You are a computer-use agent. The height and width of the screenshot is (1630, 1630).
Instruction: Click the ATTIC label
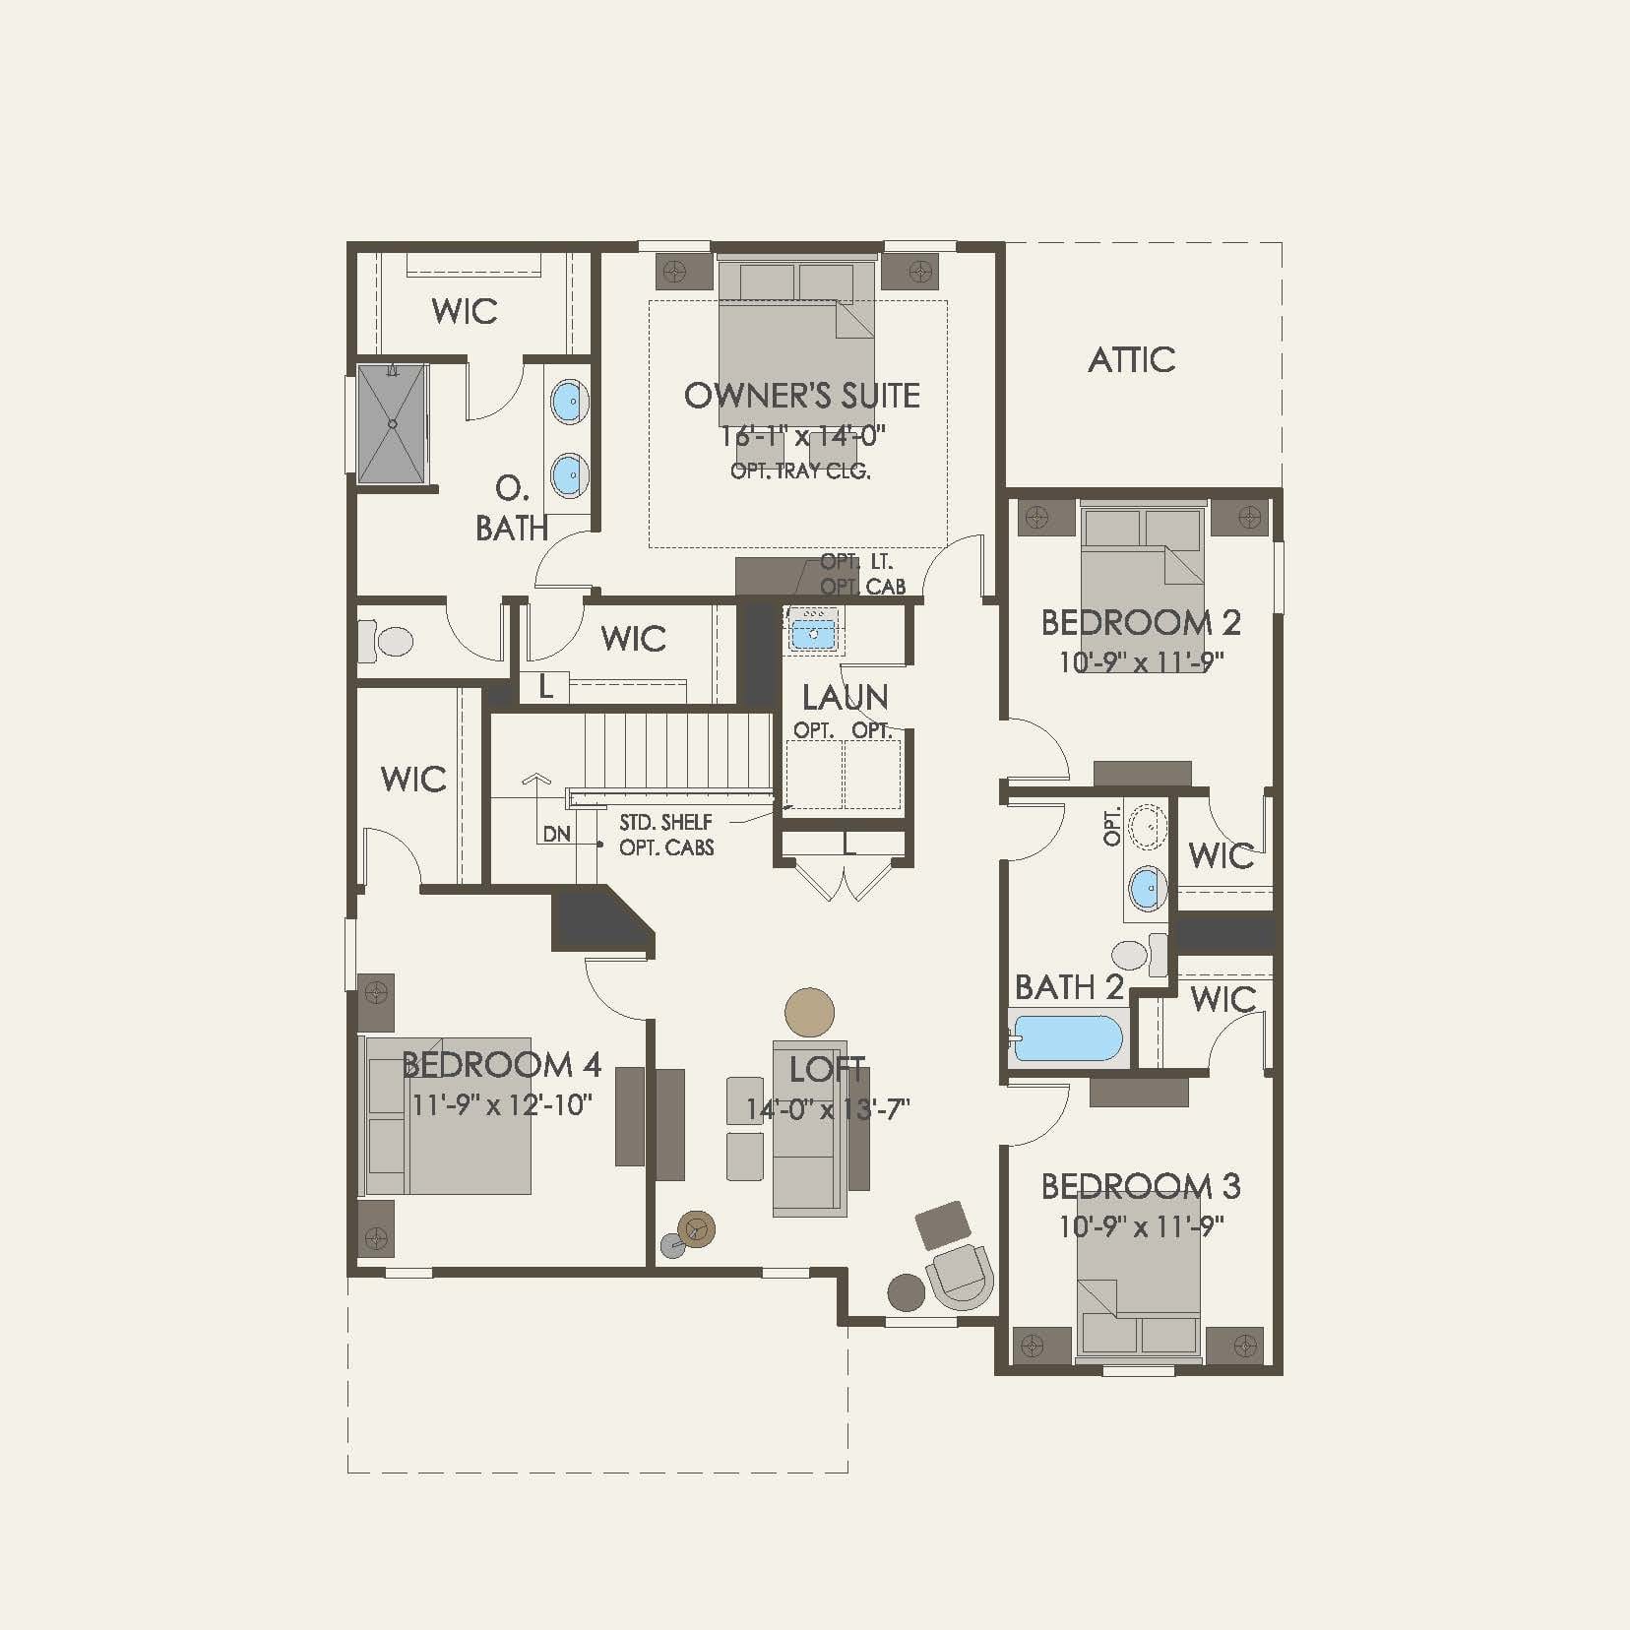coord(1131,360)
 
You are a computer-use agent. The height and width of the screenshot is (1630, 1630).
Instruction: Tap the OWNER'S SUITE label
coord(801,396)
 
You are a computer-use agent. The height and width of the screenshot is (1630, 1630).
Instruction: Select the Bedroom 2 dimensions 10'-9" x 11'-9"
coord(1140,661)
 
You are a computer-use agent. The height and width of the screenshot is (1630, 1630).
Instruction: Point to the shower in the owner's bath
coord(393,424)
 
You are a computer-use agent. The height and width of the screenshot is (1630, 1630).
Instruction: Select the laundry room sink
coord(813,633)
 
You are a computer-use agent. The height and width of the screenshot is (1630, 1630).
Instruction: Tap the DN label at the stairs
coord(556,834)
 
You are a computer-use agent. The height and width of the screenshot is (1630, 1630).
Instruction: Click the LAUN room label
coord(845,698)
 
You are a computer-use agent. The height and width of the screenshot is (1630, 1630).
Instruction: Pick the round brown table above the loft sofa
coord(809,1012)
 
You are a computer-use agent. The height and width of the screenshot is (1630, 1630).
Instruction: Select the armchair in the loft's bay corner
coord(960,1276)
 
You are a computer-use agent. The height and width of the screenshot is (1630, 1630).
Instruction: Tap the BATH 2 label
coord(1068,987)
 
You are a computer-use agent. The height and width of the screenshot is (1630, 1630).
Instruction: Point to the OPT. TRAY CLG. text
coord(800,471)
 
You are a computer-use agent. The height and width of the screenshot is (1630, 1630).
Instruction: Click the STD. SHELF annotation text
coord(665,822)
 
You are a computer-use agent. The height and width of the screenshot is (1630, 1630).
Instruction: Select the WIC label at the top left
coord(464,312)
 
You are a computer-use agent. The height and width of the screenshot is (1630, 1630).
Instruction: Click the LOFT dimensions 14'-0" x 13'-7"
coord(827,1109)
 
